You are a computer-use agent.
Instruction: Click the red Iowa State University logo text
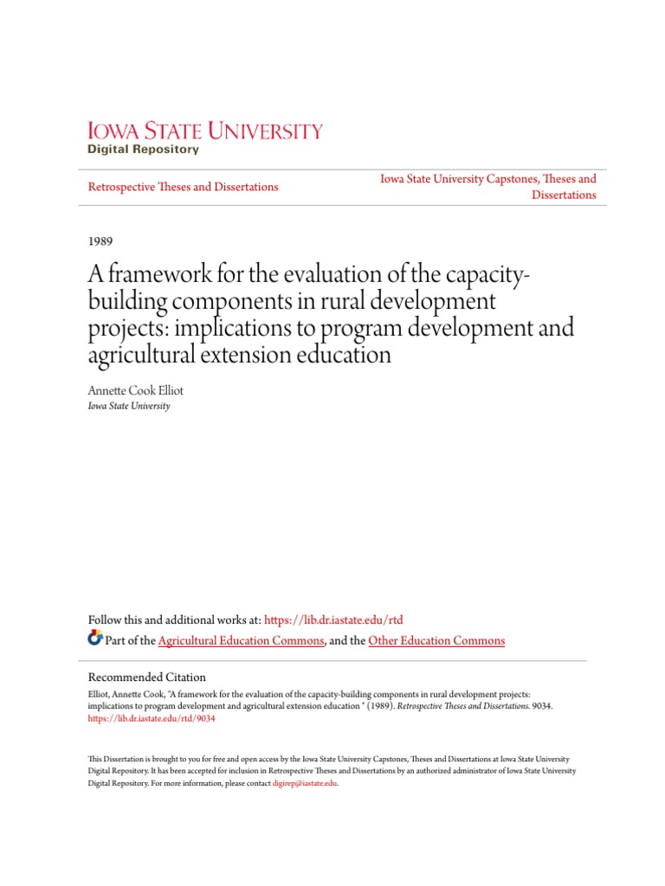(205, 132)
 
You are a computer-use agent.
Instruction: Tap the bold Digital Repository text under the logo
(143, 150)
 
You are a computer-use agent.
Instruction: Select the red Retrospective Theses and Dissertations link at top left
(184, 187)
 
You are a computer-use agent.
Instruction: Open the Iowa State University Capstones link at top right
(488, 179)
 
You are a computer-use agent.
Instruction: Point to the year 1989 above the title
(101, 241)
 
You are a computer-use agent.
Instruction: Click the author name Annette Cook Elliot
(136, 390)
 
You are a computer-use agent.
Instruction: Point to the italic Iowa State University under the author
(129, 406)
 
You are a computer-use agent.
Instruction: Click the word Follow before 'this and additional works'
(106, 620)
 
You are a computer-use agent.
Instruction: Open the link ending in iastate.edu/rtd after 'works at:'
(332, 620)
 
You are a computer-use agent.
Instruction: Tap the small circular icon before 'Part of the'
(95, 639)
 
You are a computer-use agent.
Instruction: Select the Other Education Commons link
(436, 641)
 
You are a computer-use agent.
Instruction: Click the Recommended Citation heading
(147, 677)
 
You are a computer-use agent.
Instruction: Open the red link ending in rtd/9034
(152, 718)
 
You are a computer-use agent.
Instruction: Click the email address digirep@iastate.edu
(304, 783)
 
